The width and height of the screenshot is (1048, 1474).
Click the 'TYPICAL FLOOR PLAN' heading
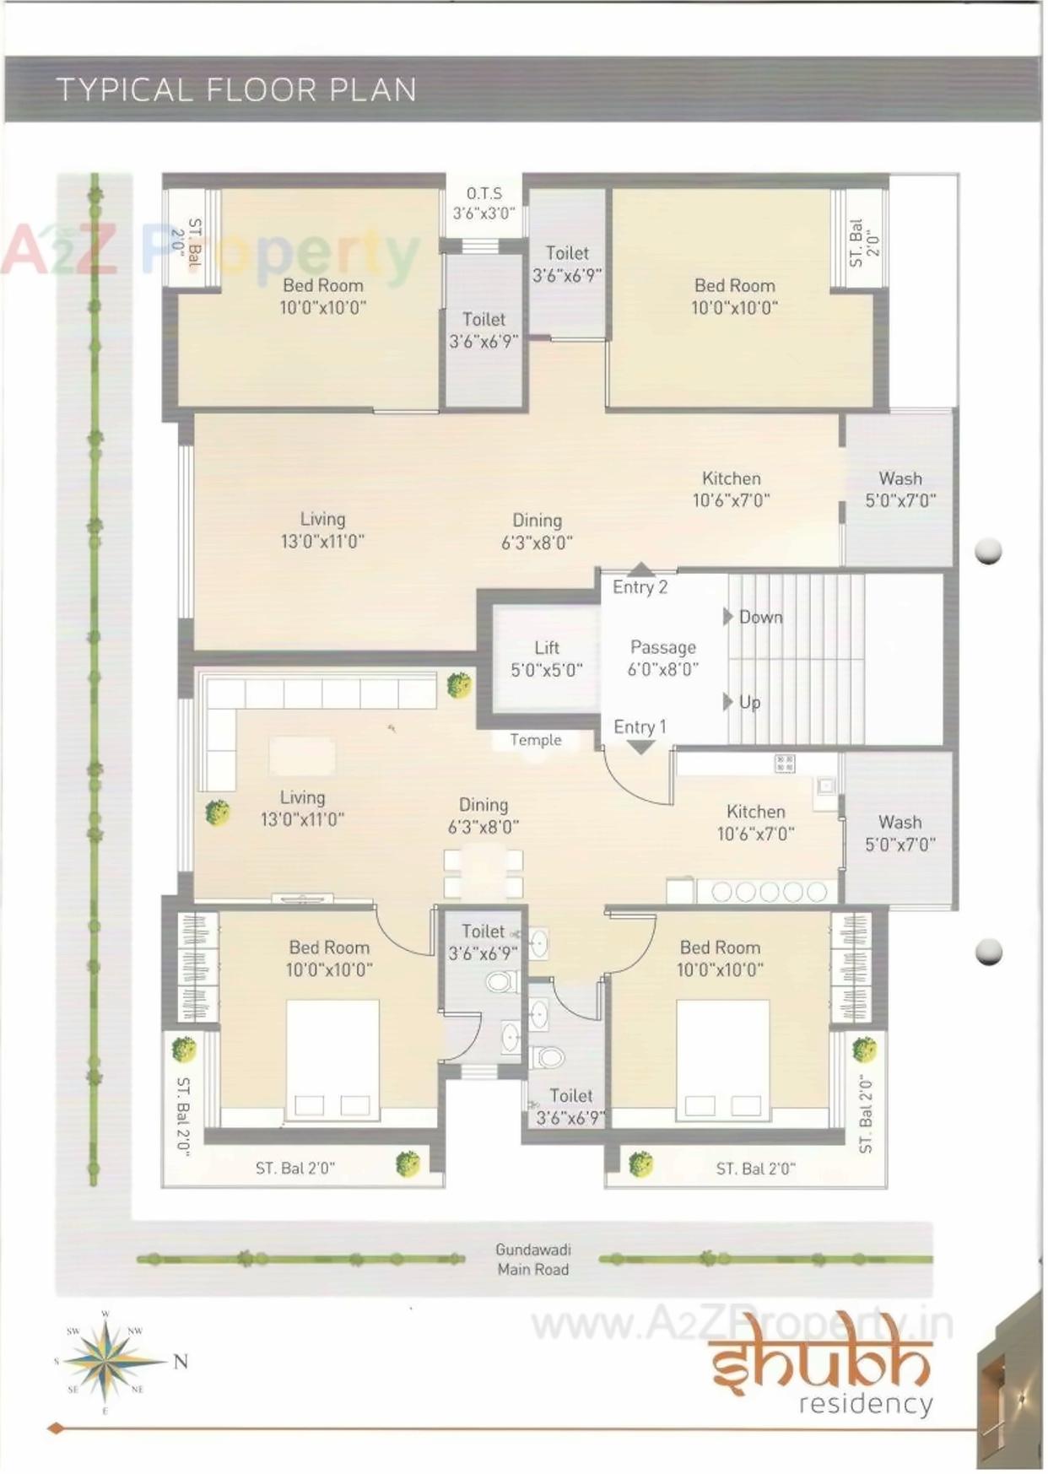236,89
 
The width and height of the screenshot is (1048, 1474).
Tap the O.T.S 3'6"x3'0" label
483,203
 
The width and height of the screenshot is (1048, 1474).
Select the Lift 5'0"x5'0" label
547,659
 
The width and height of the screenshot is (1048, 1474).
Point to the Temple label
535,740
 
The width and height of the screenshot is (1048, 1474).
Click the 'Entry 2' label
640,587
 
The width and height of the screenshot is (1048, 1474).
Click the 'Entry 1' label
640,726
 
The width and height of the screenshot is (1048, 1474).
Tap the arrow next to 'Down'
727,617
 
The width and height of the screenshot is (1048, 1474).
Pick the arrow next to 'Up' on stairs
727,702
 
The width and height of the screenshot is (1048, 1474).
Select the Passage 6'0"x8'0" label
663,658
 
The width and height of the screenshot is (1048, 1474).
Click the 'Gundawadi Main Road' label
533,1259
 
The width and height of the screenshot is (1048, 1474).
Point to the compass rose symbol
105,1361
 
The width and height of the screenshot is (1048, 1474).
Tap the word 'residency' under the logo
866,1405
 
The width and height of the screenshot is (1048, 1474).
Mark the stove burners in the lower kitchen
769,892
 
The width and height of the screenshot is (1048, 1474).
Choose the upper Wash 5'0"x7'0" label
900,489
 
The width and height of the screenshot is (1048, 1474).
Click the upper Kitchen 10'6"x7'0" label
732,489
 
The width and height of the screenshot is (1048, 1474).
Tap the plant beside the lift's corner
459,684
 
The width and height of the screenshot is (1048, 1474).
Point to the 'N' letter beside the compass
181,1361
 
